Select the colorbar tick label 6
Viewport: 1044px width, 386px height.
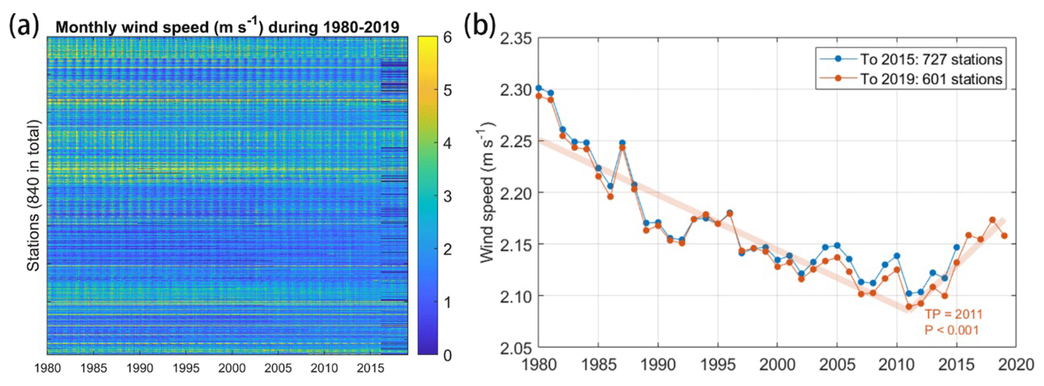[447, 37]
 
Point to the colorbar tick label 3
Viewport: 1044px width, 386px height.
[447, 196]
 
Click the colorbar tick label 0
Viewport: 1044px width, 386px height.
[447, 355]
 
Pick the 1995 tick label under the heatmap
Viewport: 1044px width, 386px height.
[185, 368]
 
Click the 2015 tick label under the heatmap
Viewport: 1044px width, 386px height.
[370, 368]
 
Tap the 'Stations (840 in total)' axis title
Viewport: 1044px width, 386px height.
[33, 195]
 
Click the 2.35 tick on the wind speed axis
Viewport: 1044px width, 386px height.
[516, 39]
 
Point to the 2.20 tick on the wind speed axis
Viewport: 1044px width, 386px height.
[516, 193]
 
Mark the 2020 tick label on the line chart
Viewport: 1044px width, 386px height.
[1016, 364]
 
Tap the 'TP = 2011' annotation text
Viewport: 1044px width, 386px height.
[953, 314]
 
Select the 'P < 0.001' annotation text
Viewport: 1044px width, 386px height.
[951, 330]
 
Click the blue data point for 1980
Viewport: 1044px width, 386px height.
[538, 88]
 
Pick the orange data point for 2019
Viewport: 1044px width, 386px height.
[1004, 236]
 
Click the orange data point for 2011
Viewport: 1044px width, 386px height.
[909, 306]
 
